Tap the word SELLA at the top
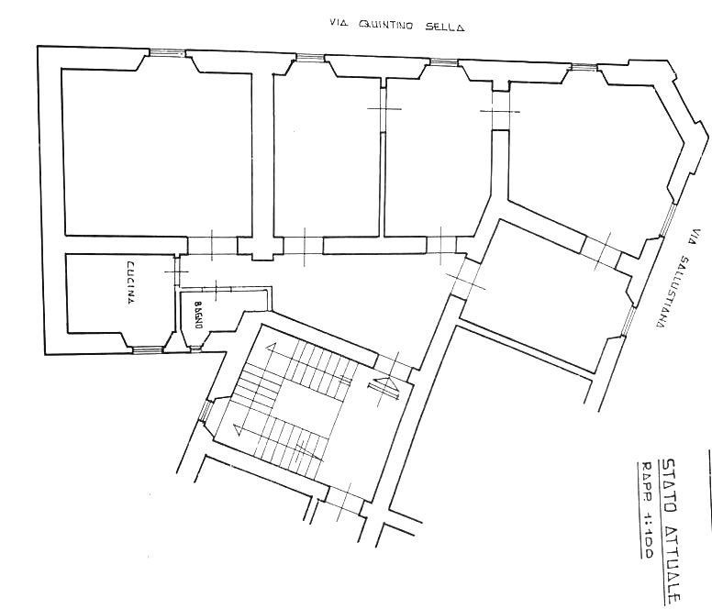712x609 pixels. (x=445, y=28)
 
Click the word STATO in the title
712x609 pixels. (x=671, y=482)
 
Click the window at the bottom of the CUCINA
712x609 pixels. (x=145, y=349)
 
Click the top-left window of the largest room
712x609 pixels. (x=167, y=52)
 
